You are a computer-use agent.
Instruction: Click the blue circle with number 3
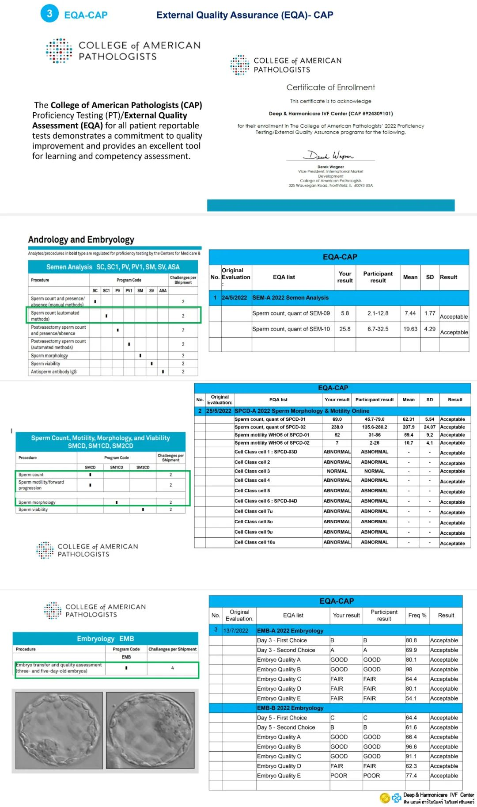click(x=49, y=14)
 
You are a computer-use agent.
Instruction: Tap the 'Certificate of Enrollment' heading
click(x=330, y=88)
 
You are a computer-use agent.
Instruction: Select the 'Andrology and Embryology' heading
click(x=81, y=240)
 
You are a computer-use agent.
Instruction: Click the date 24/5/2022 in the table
click(x=234, y=298)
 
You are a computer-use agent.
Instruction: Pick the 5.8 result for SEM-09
click(x=345, y=313)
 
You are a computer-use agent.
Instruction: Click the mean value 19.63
click(x=410, y=329)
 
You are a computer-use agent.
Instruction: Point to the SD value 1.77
click(x=430, y=313)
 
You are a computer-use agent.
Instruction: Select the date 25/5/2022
click(x=219, y=411)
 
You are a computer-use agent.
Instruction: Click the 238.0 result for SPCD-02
click(x=337, y=427)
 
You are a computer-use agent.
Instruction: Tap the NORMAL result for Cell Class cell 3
click(x=337, y=471)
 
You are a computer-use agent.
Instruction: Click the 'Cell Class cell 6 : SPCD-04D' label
click(x=266, y=501)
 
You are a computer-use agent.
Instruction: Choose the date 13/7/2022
click(x=236, y=631)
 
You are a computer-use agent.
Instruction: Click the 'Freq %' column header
click(x=417, y=615)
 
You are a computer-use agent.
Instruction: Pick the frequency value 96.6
click(x=411, y=746)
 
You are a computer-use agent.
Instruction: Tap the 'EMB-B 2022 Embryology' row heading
click(x=290, y=708)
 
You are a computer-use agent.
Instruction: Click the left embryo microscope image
click(x=59, y=730)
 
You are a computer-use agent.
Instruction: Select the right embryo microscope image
click(x=150, y=730)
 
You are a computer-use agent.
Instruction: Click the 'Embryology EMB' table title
click(x=105, y=639)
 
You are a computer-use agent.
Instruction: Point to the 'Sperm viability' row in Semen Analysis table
click(x=45, y=364)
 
